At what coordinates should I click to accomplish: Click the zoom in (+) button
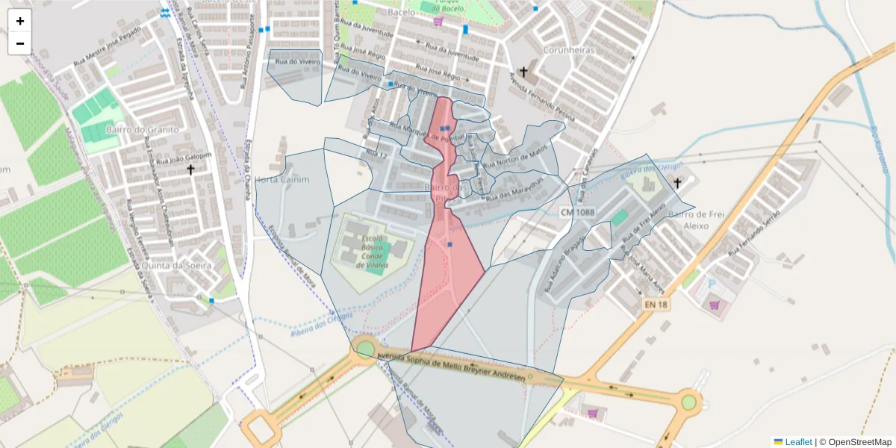[20, 21]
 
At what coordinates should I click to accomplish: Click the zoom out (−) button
[20, 43]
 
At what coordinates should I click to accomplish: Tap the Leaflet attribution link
[797, 442]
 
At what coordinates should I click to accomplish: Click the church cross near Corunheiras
[523, 72]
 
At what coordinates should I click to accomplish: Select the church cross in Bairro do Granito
[190, 170]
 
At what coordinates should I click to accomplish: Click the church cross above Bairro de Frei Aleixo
[677, 182]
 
